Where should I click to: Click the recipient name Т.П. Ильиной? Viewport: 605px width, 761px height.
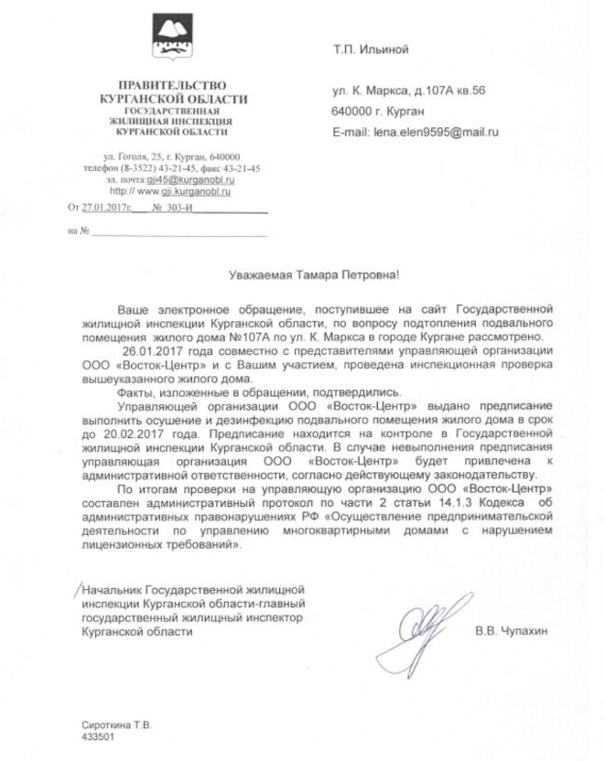371,48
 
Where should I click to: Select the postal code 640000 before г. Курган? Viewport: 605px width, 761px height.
352,112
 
